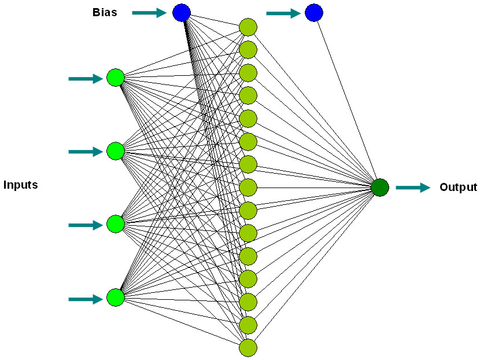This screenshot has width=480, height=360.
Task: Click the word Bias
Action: pos(105,12)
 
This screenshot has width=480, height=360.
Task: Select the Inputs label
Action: pos(20,185)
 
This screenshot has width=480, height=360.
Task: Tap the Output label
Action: pos(458,188)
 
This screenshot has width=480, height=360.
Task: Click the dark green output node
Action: pos(380,188)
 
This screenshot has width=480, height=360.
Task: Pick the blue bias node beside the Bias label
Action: pos(182,12)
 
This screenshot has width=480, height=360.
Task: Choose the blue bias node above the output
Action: pos(313,13)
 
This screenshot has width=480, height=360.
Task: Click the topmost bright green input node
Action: pos(116,78)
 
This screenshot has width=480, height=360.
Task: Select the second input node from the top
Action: pos(116,151)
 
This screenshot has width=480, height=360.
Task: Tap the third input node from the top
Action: pos(116,224)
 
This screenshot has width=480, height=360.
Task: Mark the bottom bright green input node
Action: pos(116,297)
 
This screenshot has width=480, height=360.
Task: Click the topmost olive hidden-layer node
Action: pos(248,27)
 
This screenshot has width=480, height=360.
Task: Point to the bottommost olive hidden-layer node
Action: pos(248,348)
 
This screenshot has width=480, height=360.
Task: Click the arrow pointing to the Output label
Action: pos(413,188)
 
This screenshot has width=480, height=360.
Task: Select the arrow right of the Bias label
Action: pos(149,12)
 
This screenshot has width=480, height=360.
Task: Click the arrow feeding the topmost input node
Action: pos(86,79)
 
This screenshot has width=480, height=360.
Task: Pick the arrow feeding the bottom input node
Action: pos(86,299)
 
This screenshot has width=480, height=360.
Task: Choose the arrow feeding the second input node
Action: pos(86,152)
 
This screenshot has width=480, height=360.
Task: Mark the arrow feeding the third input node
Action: pos(86,225)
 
